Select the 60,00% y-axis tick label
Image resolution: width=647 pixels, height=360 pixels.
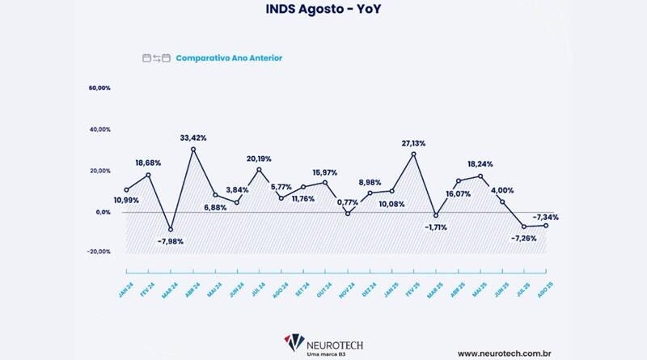coord(100,87)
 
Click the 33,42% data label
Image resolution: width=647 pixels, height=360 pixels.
coord(192,138)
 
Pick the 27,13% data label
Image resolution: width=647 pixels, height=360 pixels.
coord(413,143)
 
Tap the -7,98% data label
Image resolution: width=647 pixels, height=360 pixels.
coord(169,240)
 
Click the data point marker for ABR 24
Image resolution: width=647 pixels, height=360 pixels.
coord(192,149)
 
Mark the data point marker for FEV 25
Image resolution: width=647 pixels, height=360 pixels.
coord(413,154)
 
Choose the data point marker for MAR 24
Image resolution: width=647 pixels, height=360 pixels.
coord(170,229)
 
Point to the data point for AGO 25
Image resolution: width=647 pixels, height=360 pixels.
coord(547,226)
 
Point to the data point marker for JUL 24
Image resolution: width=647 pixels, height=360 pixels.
coord(259,169)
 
